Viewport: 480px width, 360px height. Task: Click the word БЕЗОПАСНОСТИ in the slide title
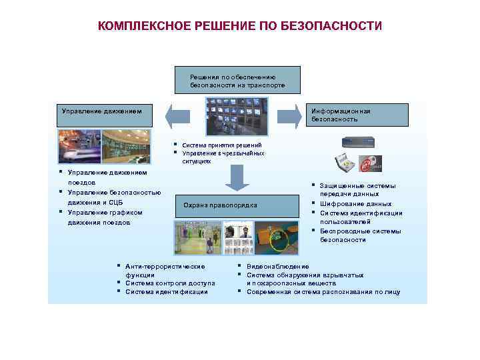pos(339,26)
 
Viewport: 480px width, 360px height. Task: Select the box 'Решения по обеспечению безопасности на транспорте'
pos(237,81)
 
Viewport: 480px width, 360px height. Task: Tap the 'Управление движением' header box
pos(103,115)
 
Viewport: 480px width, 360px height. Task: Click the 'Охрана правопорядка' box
pos(220,205)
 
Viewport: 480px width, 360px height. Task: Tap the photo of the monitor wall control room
pos(237,117)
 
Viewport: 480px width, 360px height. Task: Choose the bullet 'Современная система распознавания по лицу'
pos(323,291)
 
